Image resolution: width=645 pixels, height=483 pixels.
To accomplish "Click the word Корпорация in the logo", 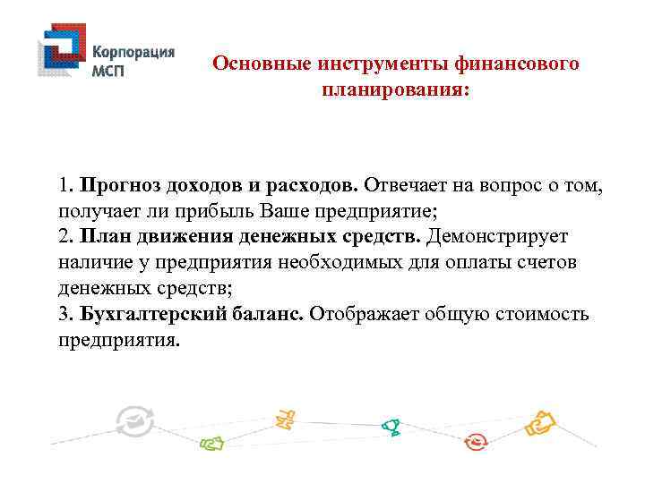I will [134, 52].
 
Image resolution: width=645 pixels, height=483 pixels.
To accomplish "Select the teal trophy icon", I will [390, 428].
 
